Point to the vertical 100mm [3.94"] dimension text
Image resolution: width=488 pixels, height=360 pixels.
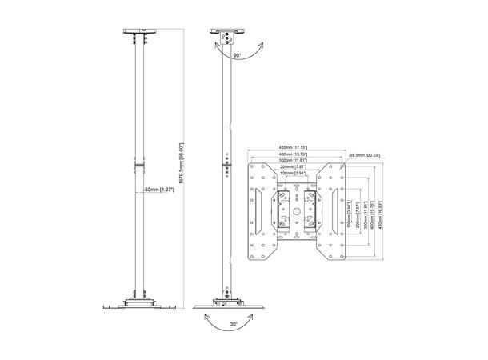[x=350, y=214]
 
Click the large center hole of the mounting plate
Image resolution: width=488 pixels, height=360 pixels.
[x=296, y=213]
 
